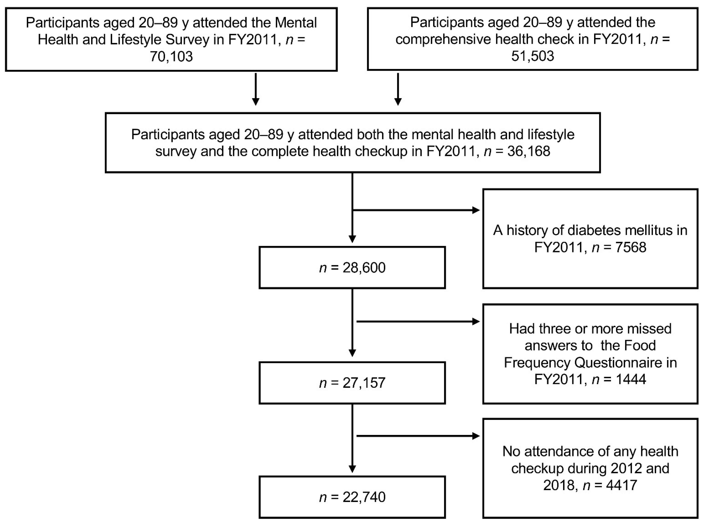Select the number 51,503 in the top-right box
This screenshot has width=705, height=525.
click(x=533, y=56)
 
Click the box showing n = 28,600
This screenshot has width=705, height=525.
click(x=352, y=268)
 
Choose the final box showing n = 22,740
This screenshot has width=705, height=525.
click(x=352, y=497)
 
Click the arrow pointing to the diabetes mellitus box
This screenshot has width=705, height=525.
click(x=416, y=210)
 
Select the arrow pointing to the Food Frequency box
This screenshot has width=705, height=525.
click(x=418, y=322)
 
